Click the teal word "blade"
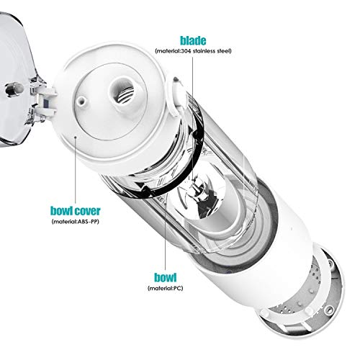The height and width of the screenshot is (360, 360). point(193,40)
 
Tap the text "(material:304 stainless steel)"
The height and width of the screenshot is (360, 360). point(193,51)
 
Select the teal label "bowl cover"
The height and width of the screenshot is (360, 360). point(75,211)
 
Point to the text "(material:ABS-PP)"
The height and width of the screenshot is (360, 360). point(75,222)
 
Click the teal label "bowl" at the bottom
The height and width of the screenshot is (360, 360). point(165,277)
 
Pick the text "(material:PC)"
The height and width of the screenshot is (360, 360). point(165,288)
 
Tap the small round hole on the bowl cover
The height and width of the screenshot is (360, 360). point(81,101)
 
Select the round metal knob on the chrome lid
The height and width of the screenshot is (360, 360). point(14,89)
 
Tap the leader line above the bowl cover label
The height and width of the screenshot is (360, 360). point(75,171)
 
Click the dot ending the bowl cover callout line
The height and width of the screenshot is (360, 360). point(75,137)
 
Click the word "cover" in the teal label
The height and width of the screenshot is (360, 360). point(87,211)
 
